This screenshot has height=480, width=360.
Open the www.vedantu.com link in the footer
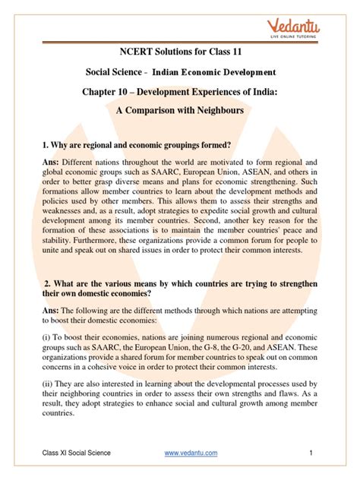(x=191, y=453)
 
